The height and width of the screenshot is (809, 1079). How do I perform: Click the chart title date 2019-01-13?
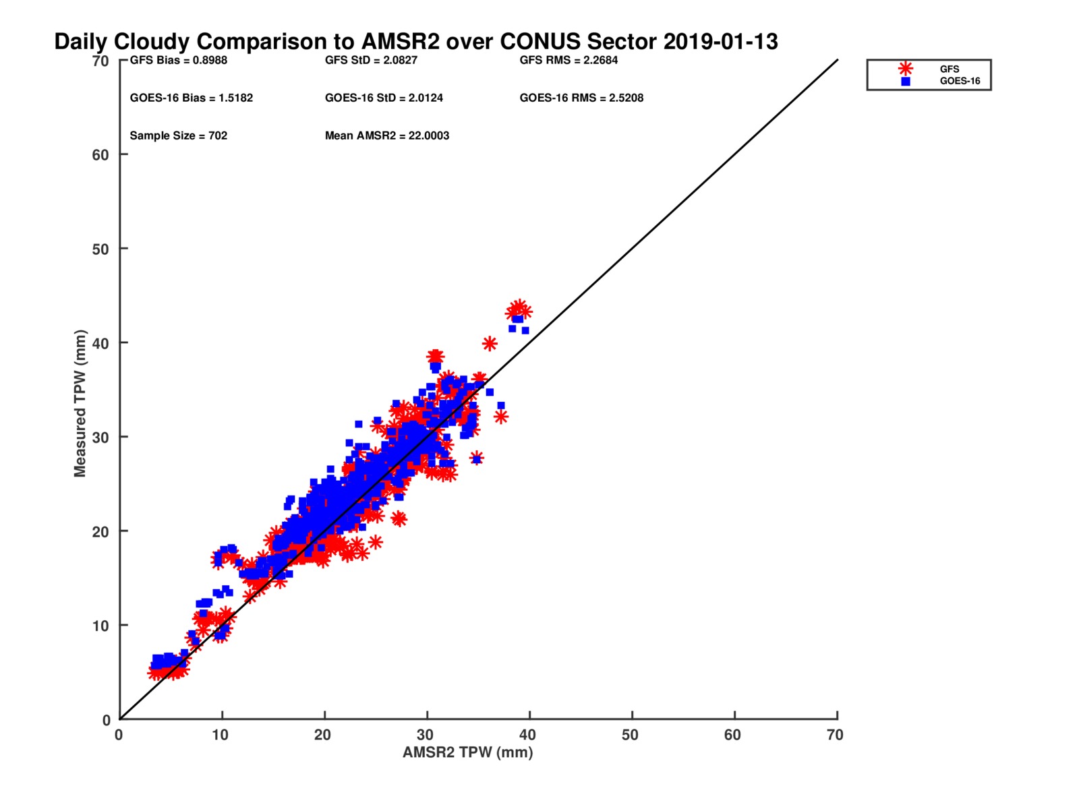[720, 41]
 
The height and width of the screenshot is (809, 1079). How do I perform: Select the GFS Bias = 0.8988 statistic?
[179, 60]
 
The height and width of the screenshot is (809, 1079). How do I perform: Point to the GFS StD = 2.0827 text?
[371, 60]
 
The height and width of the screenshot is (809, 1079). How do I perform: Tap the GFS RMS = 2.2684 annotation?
[568, 60]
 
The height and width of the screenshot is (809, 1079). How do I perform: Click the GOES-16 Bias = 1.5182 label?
[192, 98]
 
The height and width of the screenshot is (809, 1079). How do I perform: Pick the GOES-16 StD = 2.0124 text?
[384, 98]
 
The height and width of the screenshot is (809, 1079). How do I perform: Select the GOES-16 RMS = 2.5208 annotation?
[581, 98]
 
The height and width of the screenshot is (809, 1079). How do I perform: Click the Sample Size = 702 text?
[179, 136]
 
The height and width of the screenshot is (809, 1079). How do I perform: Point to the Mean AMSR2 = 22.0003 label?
[387, 136]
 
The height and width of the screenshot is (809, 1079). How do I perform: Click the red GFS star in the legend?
[905, 69]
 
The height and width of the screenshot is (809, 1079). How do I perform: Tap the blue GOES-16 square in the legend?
[906, 82]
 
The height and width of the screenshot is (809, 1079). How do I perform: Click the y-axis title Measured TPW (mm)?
[80, 402]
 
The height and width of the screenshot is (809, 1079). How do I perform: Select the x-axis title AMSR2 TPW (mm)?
[467, 752]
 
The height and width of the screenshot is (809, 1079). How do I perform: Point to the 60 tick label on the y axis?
[100, 155]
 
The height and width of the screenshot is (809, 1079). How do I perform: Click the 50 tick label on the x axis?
[630, 735]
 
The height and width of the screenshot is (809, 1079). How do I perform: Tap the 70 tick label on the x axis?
[835, 735]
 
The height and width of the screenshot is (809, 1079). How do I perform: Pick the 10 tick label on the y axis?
[100, 626]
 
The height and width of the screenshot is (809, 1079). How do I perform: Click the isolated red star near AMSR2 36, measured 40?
[489, 343]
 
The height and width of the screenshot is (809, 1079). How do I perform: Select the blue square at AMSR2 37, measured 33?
[501, 405]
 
